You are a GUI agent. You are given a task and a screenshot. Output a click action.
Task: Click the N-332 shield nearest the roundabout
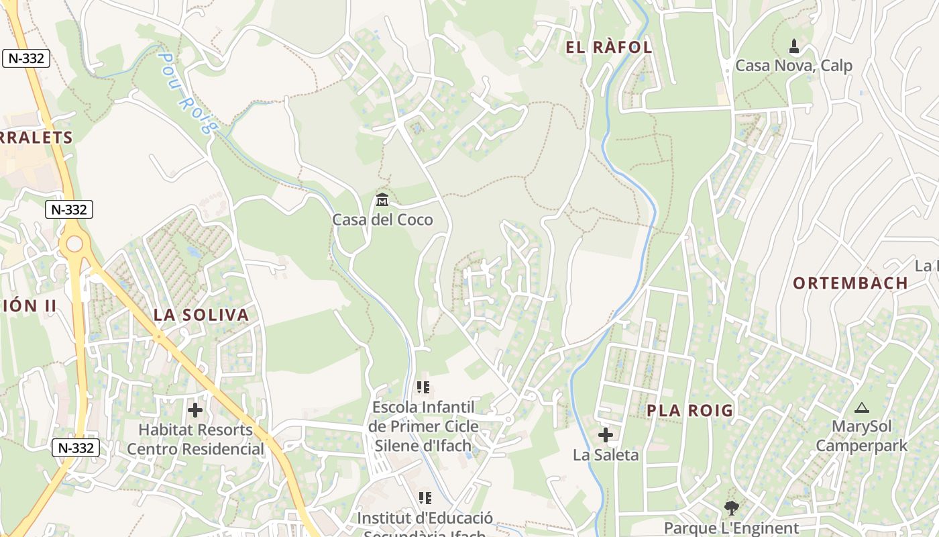(x=69, y=209)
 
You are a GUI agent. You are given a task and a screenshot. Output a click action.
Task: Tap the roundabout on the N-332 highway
(x=73, y=244)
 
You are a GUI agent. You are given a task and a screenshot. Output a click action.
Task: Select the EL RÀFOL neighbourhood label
(x=609, y=47)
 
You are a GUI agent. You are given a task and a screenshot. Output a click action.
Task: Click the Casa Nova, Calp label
(x=793, y=66)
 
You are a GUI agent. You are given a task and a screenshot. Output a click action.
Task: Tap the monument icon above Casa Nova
(x=794, y=46)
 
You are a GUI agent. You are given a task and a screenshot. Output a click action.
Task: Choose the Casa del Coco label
(x=382, y=219)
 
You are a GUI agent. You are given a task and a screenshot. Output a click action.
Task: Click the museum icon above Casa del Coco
(x=382, y=199)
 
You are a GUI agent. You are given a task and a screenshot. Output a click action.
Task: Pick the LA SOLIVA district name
(x=201, y=315)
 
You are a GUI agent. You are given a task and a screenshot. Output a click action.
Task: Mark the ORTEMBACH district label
(x=850, y=283)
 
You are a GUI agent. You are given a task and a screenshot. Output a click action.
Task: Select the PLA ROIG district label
(x=689, y=411)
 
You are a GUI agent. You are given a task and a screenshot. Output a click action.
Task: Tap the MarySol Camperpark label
(x=861, y=436)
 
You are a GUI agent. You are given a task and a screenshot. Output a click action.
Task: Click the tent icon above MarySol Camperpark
(x=861, y=407)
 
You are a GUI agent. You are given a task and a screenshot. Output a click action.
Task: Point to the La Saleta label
(x=606, y=455)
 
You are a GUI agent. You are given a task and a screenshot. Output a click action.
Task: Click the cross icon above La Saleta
(x=606, y=435)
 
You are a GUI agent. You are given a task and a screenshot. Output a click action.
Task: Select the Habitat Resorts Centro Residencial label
(x=195, y=440)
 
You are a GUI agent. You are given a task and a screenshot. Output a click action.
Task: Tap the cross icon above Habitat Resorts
(x=195, y=409)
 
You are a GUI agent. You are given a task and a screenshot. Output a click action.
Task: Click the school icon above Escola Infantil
(x=423, y=387)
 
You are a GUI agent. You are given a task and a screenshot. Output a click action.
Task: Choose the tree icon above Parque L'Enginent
(x=731, y=508)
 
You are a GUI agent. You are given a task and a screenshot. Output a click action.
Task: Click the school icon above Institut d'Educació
(x=425, y=498)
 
